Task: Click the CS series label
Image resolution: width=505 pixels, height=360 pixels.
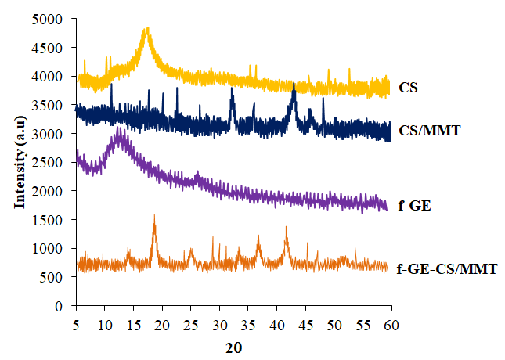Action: click(407, 88)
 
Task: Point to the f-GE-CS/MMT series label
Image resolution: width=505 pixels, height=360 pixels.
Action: click(447, 268)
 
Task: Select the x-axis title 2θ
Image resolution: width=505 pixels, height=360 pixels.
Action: click(233, 344)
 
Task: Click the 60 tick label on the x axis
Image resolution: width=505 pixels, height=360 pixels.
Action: click(391, 322)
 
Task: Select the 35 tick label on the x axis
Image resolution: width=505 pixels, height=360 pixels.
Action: click(247, 322)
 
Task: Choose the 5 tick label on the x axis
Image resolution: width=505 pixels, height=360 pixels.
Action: click(76, 322)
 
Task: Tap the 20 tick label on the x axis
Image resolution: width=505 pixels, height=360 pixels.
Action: click(161, 322)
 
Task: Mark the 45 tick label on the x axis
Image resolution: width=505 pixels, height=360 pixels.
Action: click(305, 322)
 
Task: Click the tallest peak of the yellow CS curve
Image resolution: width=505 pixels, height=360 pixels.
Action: click(146, 29)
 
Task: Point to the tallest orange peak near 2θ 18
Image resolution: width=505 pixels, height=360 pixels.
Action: click(154, 215)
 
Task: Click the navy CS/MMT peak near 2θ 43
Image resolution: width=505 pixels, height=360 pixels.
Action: click(294, 83)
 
